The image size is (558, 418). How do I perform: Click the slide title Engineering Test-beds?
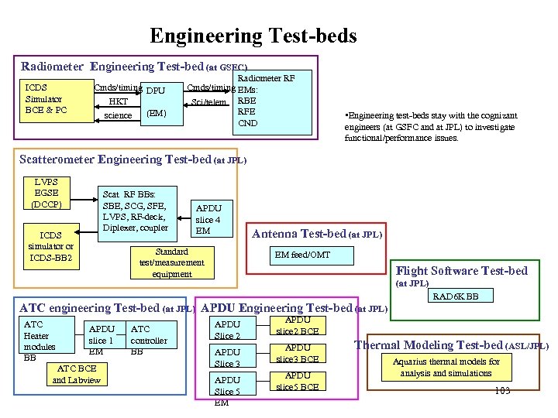tap(253, 36)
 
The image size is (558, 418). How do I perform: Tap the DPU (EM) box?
tap(155, 103)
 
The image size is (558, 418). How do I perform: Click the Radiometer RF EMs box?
tap(263, 100)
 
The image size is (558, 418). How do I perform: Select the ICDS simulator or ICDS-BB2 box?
tap(51, 246)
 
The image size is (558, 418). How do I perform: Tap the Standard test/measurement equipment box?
tap(171, 263)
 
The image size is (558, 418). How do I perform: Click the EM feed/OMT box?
tap(309, 255)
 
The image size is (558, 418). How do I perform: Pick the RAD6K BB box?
tap(455, 296)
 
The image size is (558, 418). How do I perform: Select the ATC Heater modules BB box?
tap(46, 341)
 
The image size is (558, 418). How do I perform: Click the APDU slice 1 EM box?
tap(102, 341)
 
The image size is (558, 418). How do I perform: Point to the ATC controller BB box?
tap(148, 341)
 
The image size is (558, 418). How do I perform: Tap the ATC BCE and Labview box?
tap(77, 375)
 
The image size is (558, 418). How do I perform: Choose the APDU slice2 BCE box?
tap(298, 325)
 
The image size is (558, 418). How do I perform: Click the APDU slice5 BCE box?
tap(298, 381)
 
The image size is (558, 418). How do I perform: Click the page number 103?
tap(502, 391)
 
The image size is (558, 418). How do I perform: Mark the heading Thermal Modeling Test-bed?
tap(452, 345)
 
